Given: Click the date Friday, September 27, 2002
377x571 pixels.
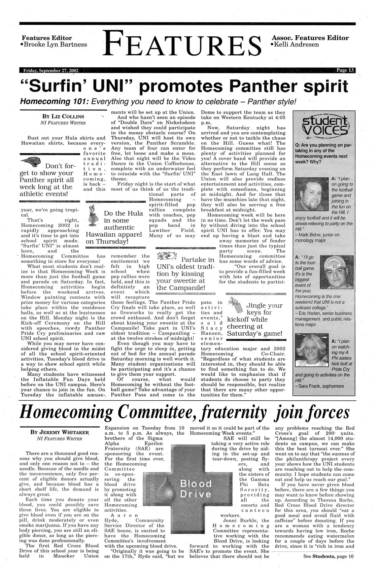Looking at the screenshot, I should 50,70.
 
